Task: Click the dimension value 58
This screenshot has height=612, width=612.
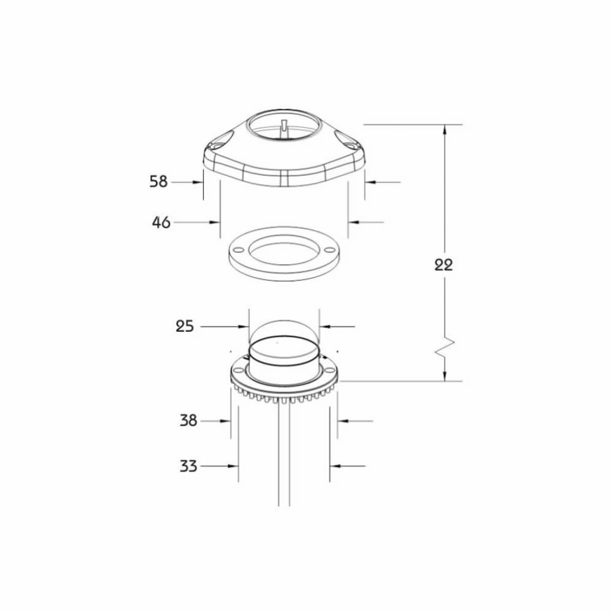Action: (158, 182)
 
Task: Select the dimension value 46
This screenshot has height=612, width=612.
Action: (161, 222)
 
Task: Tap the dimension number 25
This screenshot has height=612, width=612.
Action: (185, 326)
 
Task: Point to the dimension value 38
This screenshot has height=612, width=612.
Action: (188, 421)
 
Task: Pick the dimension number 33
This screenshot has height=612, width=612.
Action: (188, 466)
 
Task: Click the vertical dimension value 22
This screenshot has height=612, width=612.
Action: (444, 265)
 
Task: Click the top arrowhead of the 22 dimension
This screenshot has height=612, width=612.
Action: (445, 129)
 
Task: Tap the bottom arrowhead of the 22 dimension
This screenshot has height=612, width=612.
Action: (445, 376)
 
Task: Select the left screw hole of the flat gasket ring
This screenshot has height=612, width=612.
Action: (237, 250)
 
